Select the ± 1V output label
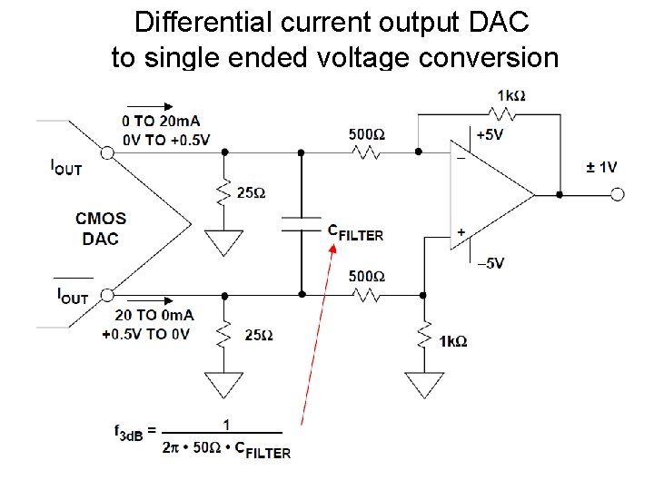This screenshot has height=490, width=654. click(x=600, y=166)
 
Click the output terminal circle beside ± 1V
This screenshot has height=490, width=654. click(x=619, y=194)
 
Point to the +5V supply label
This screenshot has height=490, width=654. click(x=490, y=135)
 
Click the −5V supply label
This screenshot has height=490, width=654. click(x=490, y=263)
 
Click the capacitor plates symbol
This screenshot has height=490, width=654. click(x=302, y=224)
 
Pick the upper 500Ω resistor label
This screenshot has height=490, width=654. click(x=367, y=134)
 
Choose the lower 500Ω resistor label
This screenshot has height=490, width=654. click(x=367, y=276)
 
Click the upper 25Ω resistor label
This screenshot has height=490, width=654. click(x=251, y=193)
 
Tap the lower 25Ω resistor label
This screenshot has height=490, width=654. click(x=258, y=335)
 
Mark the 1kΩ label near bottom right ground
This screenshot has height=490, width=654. click(x=452, y=341)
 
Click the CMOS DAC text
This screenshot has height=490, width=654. click(x=101, y=229)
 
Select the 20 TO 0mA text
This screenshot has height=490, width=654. click(x=154, y=315)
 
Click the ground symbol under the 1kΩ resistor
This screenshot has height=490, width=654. click(x=423, y=385)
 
